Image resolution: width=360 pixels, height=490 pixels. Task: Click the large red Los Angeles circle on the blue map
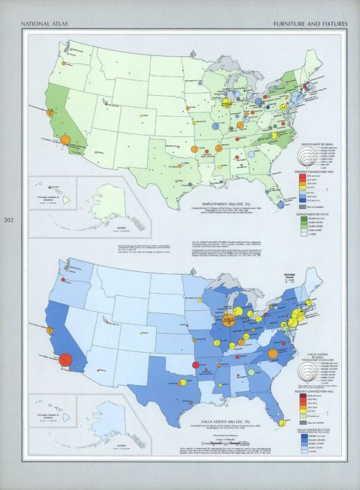tap(64, 361)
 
